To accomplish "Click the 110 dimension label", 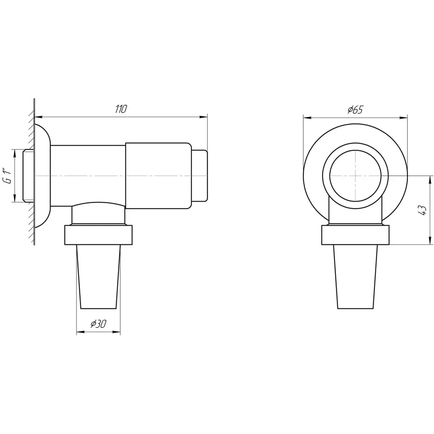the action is [121, 109].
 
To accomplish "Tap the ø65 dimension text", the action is [355, 110].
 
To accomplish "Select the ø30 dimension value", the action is [98, 324].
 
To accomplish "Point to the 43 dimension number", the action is [423, 210].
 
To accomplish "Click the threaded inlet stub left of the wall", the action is [28, 175].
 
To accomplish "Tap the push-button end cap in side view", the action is [199, 176].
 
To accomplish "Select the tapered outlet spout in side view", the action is [98, 276].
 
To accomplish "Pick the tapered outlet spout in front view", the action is [355, 276].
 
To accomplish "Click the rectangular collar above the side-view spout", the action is [98, 235].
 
